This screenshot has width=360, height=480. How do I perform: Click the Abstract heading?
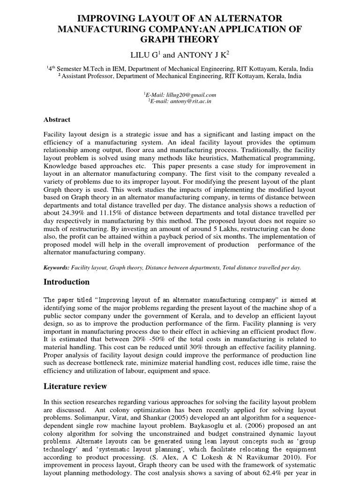(57, 120)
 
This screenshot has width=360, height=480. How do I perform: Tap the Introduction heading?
(66, 282)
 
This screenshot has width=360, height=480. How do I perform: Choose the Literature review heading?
(75, 386)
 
